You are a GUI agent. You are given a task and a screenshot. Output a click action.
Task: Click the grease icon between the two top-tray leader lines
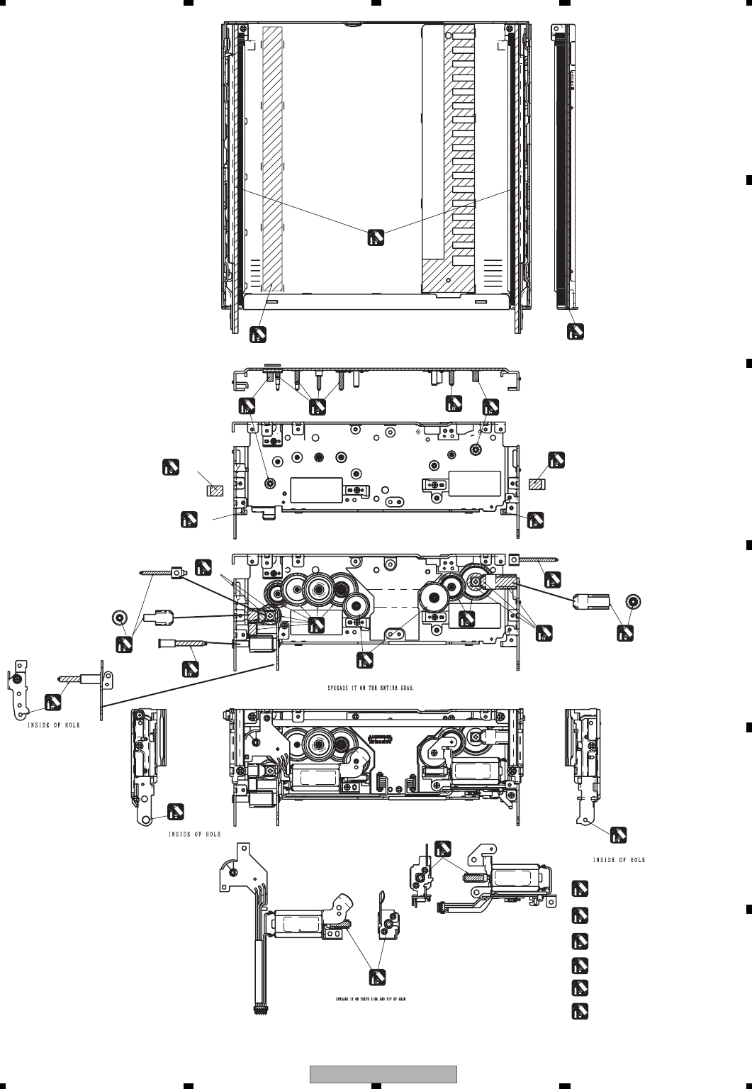376,238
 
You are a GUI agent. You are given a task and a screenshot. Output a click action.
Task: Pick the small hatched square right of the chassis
538,484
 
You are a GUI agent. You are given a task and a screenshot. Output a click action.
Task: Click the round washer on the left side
120,616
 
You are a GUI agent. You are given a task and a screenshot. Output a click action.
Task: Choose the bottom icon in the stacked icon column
580,1011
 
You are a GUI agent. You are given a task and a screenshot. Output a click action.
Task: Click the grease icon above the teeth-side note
377,977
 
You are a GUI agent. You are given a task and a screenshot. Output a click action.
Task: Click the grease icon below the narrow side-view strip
576,332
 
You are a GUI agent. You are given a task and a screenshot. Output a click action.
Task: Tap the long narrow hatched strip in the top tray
272,160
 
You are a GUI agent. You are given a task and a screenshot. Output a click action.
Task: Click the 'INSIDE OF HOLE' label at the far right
619,860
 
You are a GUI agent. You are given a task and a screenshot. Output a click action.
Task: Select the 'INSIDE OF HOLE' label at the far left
54,725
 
